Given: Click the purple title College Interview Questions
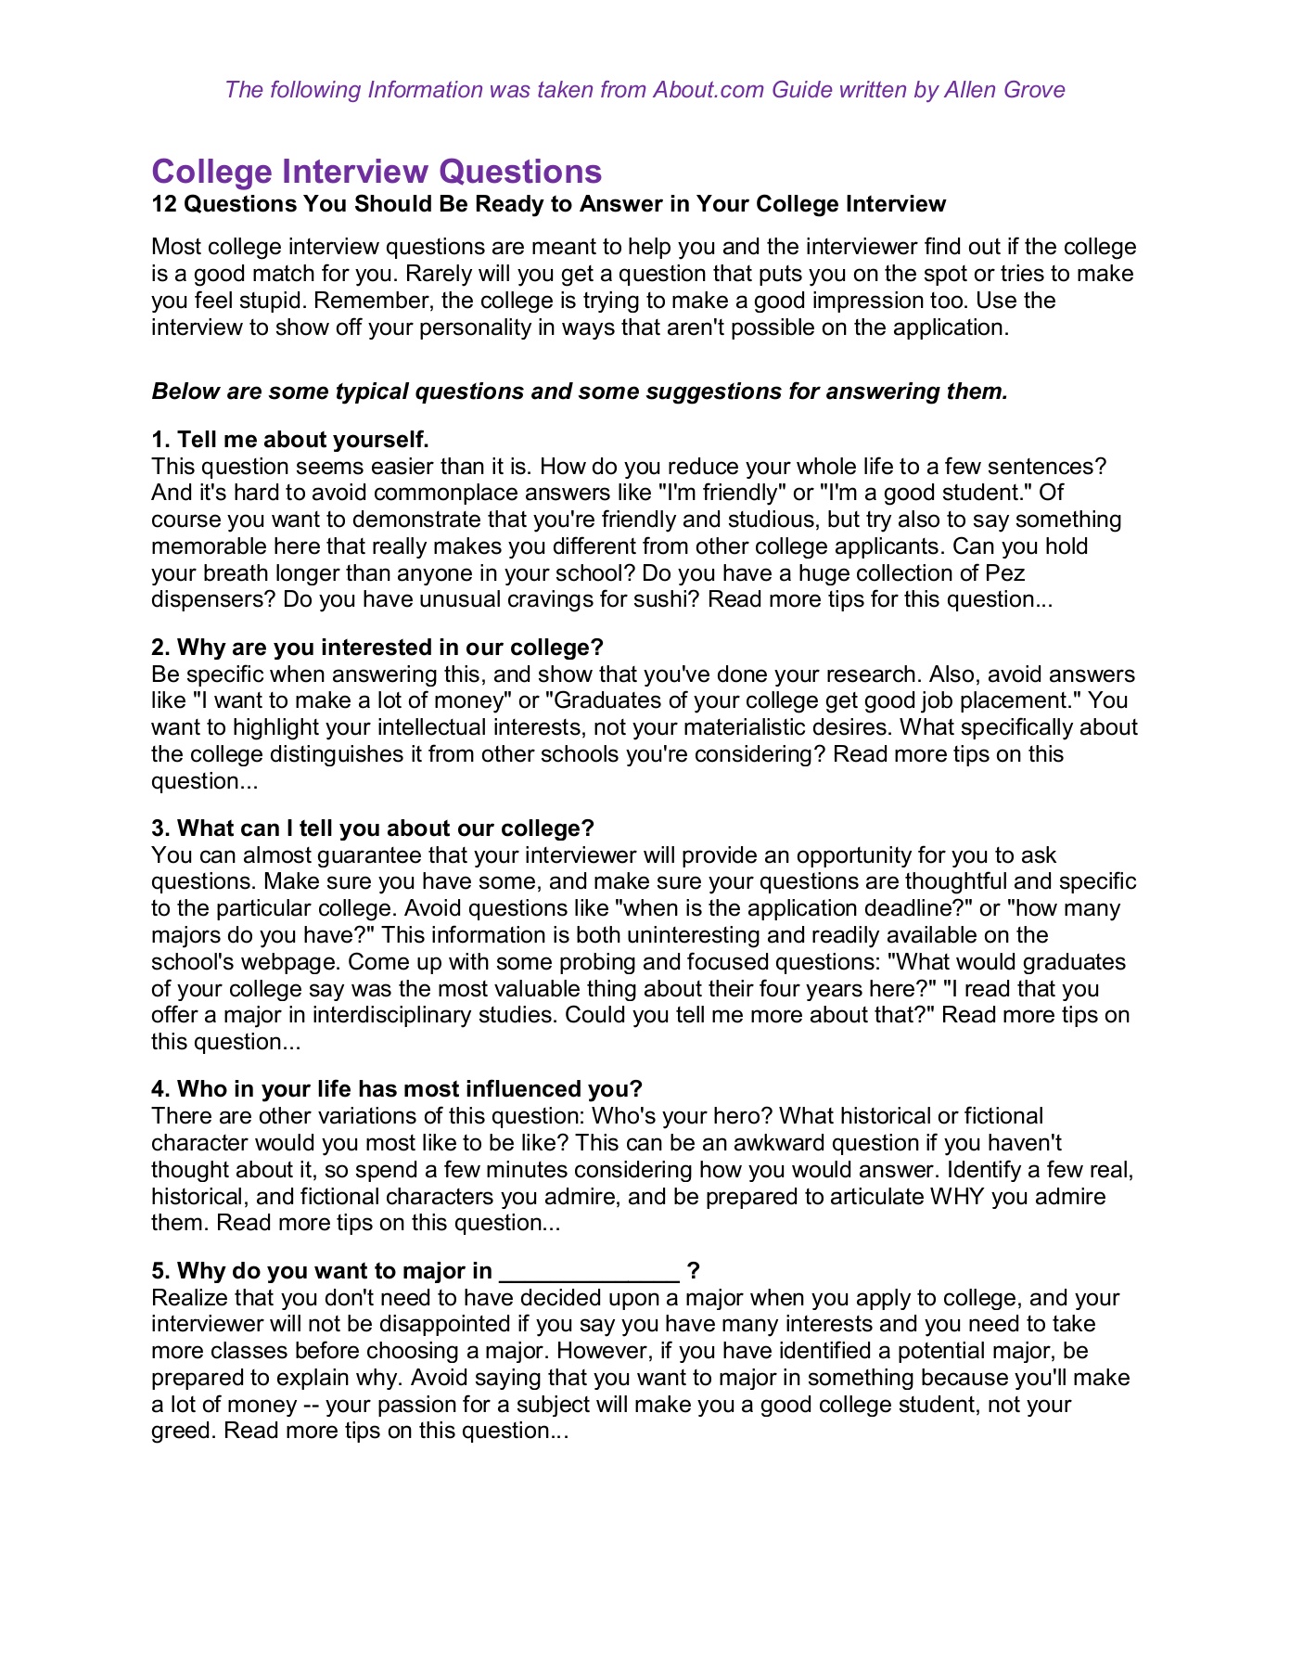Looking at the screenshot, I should [377, 172].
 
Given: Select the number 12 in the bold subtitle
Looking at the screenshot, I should [164, 204].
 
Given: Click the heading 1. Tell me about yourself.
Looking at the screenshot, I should [289, 440].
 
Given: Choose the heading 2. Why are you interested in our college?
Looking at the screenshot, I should [377, 648].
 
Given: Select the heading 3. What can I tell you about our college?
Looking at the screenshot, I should [372, 829].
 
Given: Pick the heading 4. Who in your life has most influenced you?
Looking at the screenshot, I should [396, 1089].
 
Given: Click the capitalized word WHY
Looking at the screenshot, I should [957, 1197].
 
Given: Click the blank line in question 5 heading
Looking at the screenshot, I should [589, 1271].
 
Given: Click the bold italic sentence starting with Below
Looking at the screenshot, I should [579, 392].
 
